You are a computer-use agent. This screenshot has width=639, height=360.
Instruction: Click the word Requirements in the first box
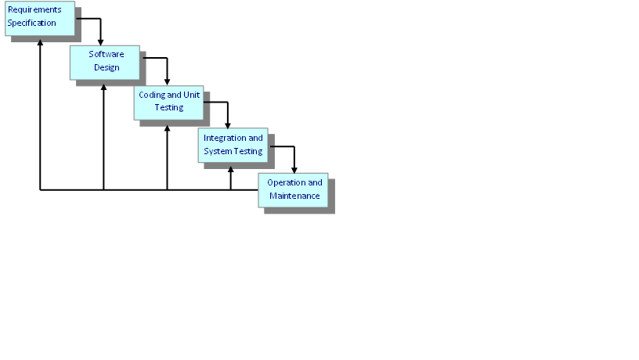[34, 9]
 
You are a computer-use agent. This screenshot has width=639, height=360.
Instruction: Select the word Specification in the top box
[32, 23]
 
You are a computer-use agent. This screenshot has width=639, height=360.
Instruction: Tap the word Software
[106, 54]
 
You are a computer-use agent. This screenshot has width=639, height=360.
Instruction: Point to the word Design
[106, 67]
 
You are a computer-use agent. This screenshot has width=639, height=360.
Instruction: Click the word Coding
[151, 95]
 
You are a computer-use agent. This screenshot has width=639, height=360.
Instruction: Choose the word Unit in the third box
[193, 95]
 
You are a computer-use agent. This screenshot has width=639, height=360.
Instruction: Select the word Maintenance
[294, 196]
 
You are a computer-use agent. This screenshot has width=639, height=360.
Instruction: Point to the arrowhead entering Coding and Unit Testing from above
[167, 81]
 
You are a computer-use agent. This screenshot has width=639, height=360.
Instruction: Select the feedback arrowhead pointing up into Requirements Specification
[40, 41]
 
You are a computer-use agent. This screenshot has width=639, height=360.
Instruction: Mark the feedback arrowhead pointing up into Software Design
[103, 85]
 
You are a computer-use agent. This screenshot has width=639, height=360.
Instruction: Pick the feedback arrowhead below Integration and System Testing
[230, 167]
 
